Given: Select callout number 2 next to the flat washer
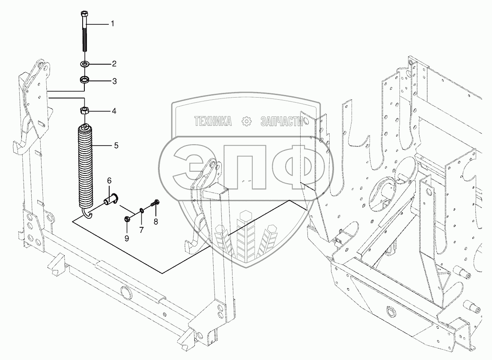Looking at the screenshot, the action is pos(114,64).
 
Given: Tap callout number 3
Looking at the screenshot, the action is pos(114,81).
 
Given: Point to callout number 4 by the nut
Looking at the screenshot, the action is pos(114,111).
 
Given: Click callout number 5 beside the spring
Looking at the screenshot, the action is pos(116,146).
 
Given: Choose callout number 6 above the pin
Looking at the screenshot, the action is pos(109,181).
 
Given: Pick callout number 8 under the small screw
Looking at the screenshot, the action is pos(155,221).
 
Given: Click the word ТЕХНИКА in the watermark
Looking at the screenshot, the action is pos(213,122).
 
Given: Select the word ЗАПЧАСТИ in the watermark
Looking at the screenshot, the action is pos(281,122).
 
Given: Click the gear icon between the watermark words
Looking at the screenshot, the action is pos(246,122).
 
